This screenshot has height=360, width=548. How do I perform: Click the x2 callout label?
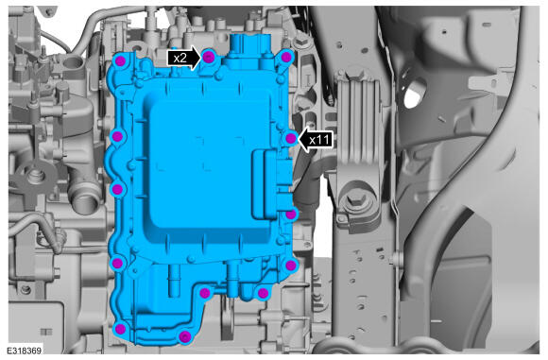tap(180, 58)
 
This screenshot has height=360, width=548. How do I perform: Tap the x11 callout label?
tap(319, 140)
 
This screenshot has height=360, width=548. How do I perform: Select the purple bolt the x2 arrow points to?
tap(208, 57)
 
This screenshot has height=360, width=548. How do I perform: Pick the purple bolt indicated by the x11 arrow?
tap(290, 139)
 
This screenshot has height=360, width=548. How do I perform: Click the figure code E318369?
tap(24, 351)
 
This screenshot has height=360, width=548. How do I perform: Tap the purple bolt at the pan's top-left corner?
tap(120, 61)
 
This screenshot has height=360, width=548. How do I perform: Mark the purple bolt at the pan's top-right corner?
tap(286, 57)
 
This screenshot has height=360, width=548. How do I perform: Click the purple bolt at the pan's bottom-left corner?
tap(120, 329)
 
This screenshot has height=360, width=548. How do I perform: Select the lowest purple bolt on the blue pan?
tap(184, 337)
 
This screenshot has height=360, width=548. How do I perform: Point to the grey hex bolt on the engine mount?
tap(356, 200)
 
